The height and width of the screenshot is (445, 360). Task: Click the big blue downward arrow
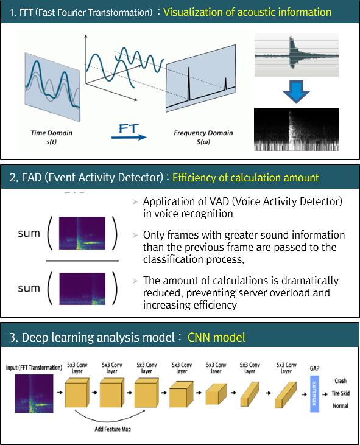296,91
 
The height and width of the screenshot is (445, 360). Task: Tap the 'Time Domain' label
51,133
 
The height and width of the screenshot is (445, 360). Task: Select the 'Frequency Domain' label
203,133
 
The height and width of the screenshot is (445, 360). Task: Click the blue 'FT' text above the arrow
129,128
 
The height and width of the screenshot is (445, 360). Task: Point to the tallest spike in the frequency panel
188,84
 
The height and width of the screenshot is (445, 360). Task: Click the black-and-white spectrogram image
297,129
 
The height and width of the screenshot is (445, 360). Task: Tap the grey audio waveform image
297,55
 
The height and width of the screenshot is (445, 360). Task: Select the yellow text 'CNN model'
216,337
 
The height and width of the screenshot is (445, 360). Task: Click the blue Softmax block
314,394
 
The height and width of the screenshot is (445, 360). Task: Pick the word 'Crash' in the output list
341,380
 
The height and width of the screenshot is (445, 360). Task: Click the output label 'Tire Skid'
341,393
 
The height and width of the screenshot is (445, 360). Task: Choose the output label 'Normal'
341,406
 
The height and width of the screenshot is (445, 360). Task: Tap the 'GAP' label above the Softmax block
314,368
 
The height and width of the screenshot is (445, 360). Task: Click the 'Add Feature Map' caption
113,429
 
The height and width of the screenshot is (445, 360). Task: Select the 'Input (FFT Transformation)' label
34,368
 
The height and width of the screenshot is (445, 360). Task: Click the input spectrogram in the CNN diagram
34,393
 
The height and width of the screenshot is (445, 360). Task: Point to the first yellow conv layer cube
77,393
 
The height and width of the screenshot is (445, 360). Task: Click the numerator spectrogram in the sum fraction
82,233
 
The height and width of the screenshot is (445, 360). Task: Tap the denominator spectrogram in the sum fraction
82,289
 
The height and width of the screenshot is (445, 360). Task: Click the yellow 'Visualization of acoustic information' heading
247,12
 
